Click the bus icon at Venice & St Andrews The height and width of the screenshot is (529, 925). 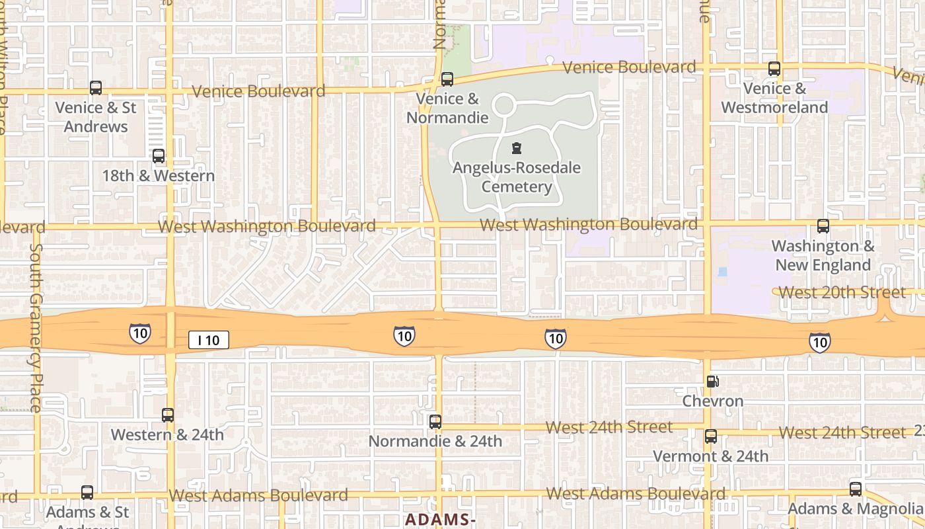click(x=96, y=87)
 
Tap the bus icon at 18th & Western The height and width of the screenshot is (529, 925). click(x=159, y=156)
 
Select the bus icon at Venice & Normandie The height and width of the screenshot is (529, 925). click(x=447, y=79)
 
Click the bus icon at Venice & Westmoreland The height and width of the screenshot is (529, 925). click(x=774, y=69)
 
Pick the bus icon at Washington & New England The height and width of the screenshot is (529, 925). click(x=823, y=226)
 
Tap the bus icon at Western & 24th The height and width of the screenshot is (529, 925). click(x=168, y=415)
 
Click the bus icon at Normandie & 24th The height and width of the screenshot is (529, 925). click(x=435, y=421)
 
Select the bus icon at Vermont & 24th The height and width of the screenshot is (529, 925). click(x=711, y=436)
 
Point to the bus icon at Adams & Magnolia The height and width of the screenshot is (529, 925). click(x=856, y=489)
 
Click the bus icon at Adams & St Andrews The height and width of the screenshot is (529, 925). click(x=87, y=493)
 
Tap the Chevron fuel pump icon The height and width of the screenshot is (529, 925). click(x=712, y=382)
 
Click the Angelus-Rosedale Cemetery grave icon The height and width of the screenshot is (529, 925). click(x=517, y=148)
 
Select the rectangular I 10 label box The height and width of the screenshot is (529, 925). click(x=209, y=340)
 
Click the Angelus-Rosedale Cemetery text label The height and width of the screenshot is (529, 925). click(x=517, y=177)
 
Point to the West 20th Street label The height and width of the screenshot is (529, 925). click(x=842, y=292)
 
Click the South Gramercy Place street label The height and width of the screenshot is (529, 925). click(x=36, y=327)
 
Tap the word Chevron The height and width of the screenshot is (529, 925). click(x=713, y=401)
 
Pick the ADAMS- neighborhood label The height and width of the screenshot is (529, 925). click(x=440, y=520)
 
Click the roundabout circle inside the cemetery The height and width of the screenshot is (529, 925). click(x=504, y=105)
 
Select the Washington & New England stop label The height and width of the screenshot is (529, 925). click(x=823, y=255)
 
